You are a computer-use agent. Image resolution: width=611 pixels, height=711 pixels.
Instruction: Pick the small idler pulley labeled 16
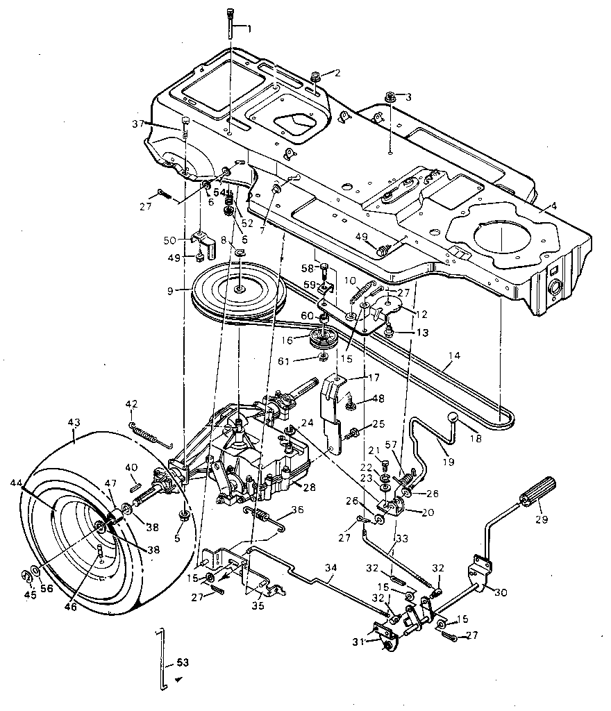(x=320, y=340)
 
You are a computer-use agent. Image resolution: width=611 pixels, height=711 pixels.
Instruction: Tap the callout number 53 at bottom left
(x=183, y=662)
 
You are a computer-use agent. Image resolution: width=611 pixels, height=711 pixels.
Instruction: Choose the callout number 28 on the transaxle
(x=310, y=487)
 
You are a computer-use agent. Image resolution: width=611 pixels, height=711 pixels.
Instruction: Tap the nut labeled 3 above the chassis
(x=391, y=96)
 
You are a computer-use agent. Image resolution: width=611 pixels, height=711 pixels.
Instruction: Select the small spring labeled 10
(x=358, y=294)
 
